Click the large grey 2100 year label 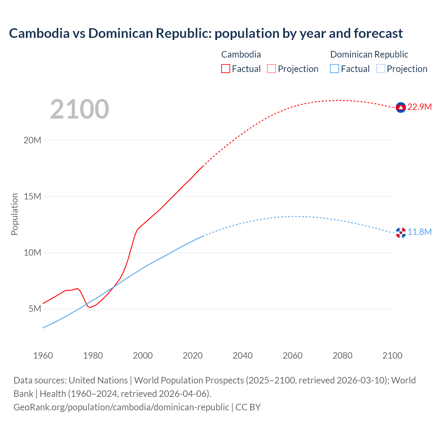coord(80,109)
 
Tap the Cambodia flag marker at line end coord(401,107)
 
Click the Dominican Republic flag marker coord(401,233)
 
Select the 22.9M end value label coord(419,107)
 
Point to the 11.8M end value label coord(419,232)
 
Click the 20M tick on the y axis coord(32,141)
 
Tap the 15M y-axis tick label coord(32,197)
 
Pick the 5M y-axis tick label coord(35,309)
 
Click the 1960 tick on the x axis coord(43,356)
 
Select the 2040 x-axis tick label coord(243,356)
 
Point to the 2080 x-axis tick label coord(342,356)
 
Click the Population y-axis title coord(14,214)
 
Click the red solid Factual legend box coord(226,69)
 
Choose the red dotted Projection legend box coord(271,69)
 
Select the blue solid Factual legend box coord(335,69)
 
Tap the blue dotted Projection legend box coord(380,69)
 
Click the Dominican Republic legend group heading coord(369,54)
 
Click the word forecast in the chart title coord(378,33)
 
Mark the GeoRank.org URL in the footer coord(121,407)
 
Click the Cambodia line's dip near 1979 coord(90,307)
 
